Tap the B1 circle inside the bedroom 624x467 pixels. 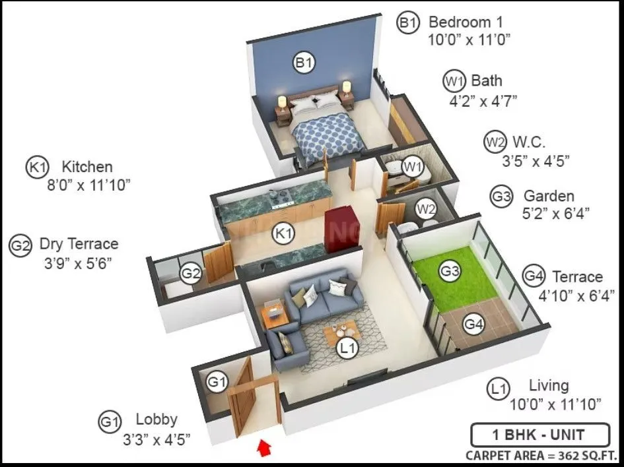tap(304, 63)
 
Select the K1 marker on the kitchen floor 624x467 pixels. tap(284, 233)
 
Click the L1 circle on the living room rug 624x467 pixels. tap(347, 348)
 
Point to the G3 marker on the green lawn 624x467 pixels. tap(450, 270)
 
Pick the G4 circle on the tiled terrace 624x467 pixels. tap(473, 324)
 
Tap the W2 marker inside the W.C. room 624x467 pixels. tap(426, 210)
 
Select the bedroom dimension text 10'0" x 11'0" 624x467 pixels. tap(469, 40)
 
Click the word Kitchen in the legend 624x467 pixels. tap(87, 167)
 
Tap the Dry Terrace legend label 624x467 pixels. tap(79, 245)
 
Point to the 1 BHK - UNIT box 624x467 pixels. tap(540, 435)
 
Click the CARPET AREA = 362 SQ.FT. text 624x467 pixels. tap(541, 455)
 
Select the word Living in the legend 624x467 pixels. tap(549, 386)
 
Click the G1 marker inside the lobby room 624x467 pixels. tap(217, 381)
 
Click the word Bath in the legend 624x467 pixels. tap(487, 81)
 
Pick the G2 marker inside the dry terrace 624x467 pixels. tap(191, 273)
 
